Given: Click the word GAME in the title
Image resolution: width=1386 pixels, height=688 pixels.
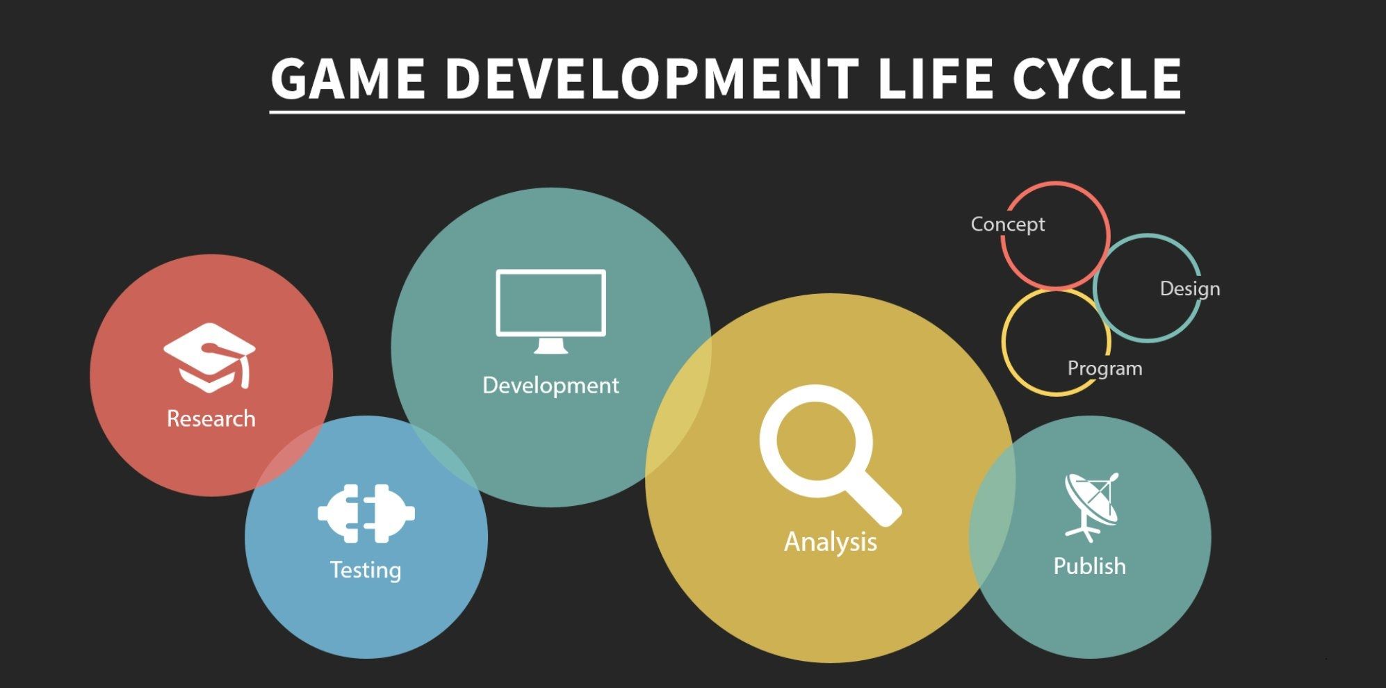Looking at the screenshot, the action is tap(348, 78).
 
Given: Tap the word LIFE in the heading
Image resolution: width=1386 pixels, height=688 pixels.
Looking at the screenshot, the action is tap(935, 78).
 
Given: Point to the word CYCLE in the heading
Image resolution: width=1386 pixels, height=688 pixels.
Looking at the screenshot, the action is tap(1097, 78).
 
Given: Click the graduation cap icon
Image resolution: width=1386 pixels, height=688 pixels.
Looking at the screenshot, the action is tap(210, 357).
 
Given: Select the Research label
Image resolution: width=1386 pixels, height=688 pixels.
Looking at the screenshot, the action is tap(211, 418).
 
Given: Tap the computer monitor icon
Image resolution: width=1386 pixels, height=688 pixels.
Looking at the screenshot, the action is tap(551, 311).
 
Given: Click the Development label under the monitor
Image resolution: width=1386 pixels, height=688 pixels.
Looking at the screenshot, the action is tap(551, 385).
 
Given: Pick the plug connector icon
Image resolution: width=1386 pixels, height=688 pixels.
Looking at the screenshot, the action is tap(366, 514).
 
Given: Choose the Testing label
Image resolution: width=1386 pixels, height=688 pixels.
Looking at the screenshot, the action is tap(366, 570).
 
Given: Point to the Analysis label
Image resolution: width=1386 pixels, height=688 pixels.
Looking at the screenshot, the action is tap(831, 541).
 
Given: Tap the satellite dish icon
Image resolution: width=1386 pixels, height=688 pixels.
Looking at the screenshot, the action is tap(1091, 507).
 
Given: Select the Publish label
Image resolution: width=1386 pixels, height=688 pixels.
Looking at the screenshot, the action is tap(1090, 566).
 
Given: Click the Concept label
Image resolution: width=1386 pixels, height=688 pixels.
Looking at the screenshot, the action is tap(1008, 224).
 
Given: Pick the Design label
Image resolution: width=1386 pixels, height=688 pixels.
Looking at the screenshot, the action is tap(1190, 288).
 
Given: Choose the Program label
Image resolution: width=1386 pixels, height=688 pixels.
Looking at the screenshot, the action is tap(1105, 368).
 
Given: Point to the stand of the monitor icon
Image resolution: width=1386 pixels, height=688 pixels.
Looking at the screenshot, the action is tap(551, 345).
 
